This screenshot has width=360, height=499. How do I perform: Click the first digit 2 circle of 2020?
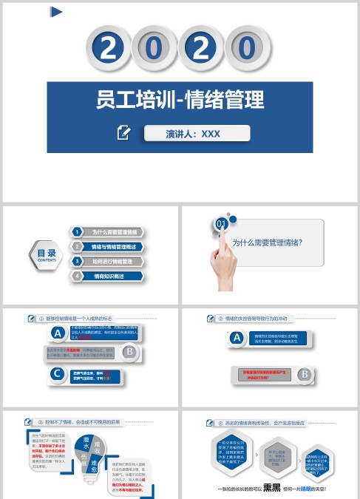tap(109, 49)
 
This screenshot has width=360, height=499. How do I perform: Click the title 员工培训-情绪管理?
tap(180, 100)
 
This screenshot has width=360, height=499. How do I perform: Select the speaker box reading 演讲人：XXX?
tap(197, 134)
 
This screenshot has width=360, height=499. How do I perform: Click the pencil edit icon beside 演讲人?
tap(124, 133)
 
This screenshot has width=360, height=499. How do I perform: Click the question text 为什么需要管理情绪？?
tap(267, 242)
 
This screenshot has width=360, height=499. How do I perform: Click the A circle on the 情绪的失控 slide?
tap(237, 339)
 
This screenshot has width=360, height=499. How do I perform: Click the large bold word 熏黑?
tap(272, 487)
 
